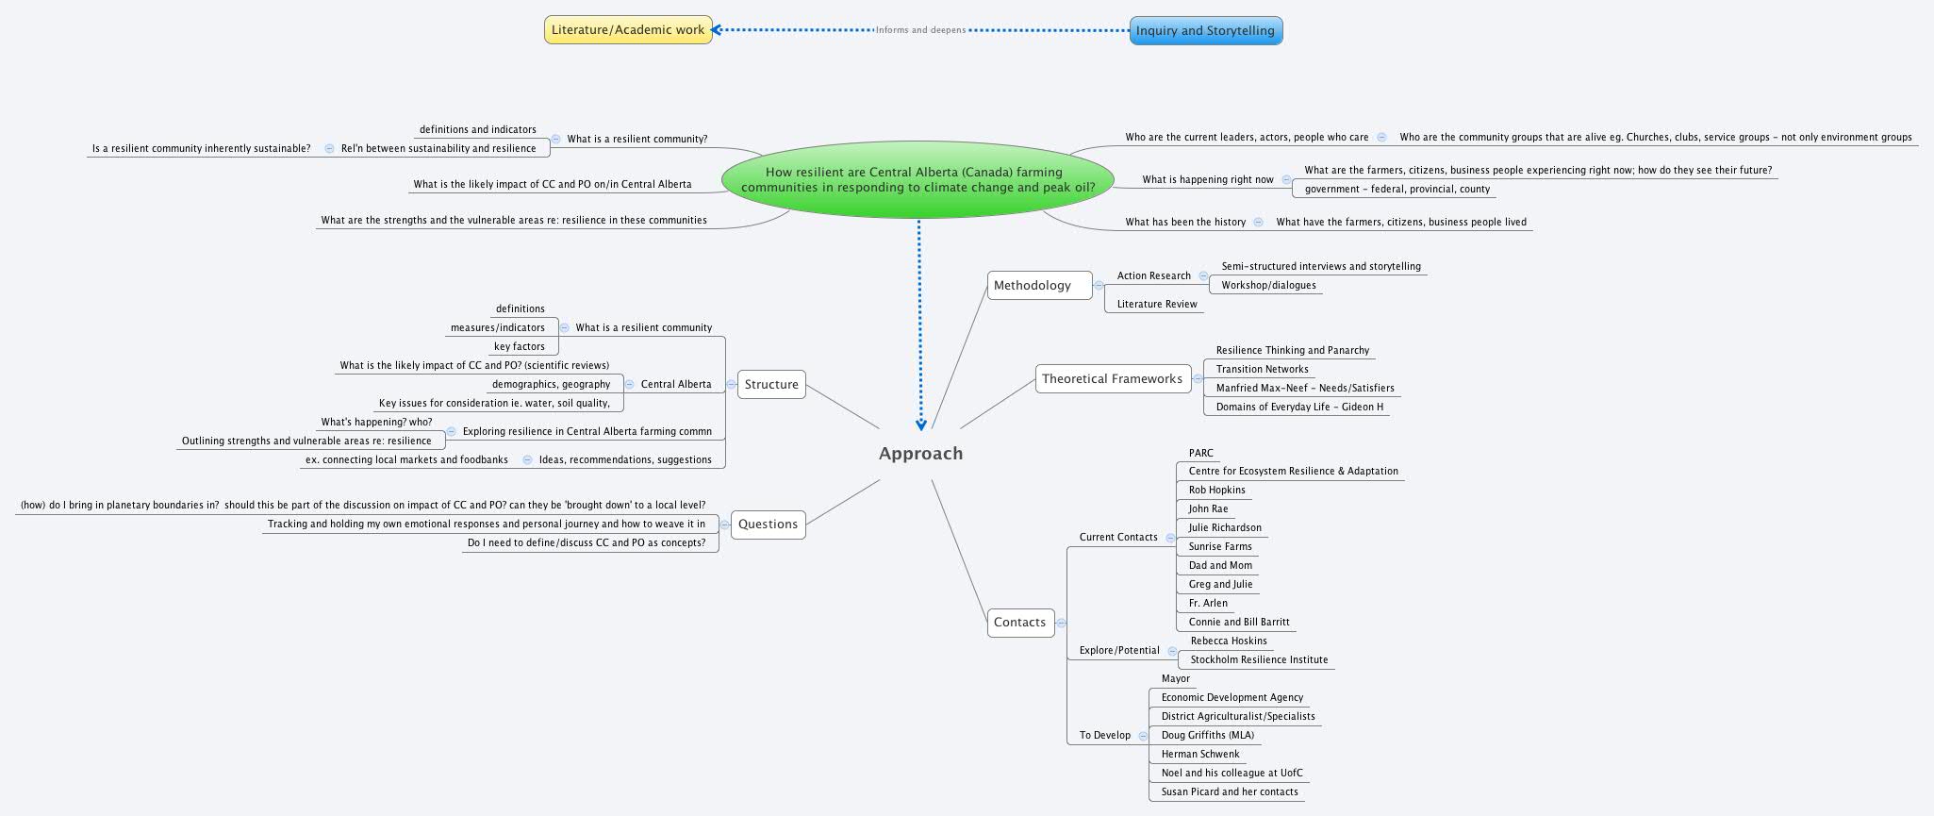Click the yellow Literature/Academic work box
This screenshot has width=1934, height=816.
(628, 30)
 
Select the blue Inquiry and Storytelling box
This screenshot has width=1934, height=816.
(1205, 30)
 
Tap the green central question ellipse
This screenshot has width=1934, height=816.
(917, 179)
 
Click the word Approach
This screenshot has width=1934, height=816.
(920, 454)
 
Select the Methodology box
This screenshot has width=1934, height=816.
(1033, 286)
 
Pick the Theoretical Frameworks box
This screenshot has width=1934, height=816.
(1112, 379)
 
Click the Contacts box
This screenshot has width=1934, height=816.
(1019, 623)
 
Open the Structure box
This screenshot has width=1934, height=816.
(770, 385)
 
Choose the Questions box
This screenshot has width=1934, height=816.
(768, 525)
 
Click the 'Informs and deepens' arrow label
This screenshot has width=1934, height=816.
(920, 30)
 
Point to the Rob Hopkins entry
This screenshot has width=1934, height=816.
(1216, 491)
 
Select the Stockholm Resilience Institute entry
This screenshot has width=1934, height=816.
(1258, 660)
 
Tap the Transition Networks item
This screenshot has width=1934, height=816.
(1262, 370)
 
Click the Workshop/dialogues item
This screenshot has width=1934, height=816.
(1268, 286)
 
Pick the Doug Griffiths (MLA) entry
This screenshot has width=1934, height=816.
(1207, 736)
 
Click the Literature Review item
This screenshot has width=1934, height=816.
(1156, 305)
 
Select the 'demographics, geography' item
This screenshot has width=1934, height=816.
(551, 385)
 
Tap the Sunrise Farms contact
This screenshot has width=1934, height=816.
(1219, 547)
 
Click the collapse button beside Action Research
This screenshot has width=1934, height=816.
(1203, 276)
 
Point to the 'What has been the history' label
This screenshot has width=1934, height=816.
(1184, 223)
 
